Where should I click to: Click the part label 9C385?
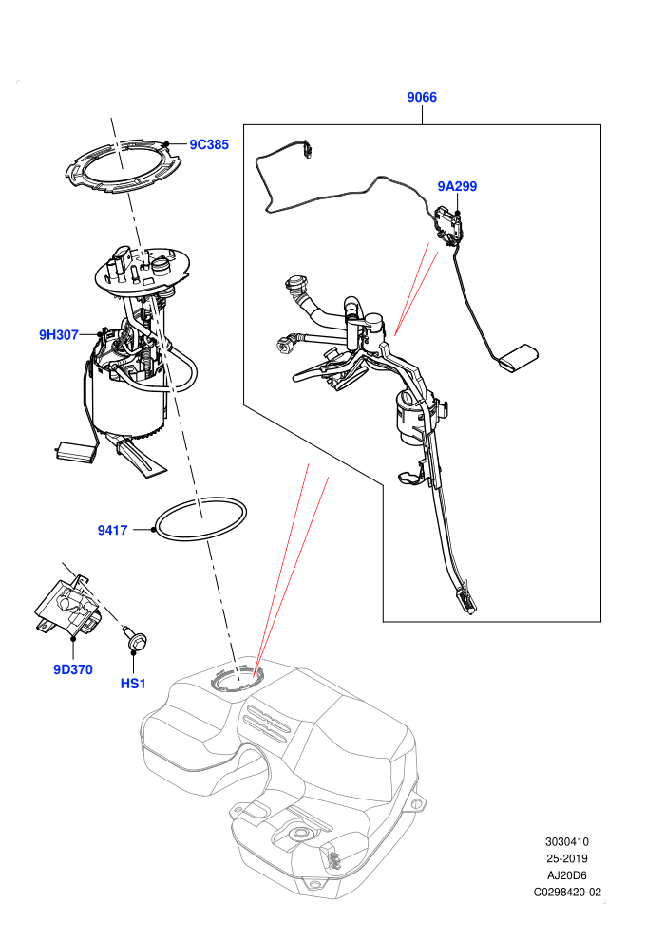pyautogui.click(x=209, y=144)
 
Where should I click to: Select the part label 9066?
pyautogui.click(x=422, y=97)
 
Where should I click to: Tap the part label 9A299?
pyautogui.click(x=457, y=186)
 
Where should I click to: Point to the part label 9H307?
pyautogui.click(x=59, y=334)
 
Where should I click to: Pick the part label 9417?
pyautogui.click(x=112, y=530)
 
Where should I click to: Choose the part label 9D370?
pyautogui.click(x=72, y=669)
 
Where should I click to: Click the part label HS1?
pyautogui.click(x=133, y=684)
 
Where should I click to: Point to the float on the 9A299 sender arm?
pyautogui.click(x=520, y=359)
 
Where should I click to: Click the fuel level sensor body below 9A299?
pyautogui.click(x=447, y=224)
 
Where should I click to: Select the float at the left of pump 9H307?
pyautogui.click(x=76, y=452)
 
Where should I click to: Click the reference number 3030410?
pyautogui.click(x=566, y=841)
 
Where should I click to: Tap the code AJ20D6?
pyautogui.click(x=566, y=875)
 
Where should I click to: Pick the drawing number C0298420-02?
pyautogui.click(x=567, y=892)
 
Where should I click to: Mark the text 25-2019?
pyautogui.click(x=566, y=858)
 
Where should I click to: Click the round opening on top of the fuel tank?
pyautogui.click(x=236, y=680)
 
